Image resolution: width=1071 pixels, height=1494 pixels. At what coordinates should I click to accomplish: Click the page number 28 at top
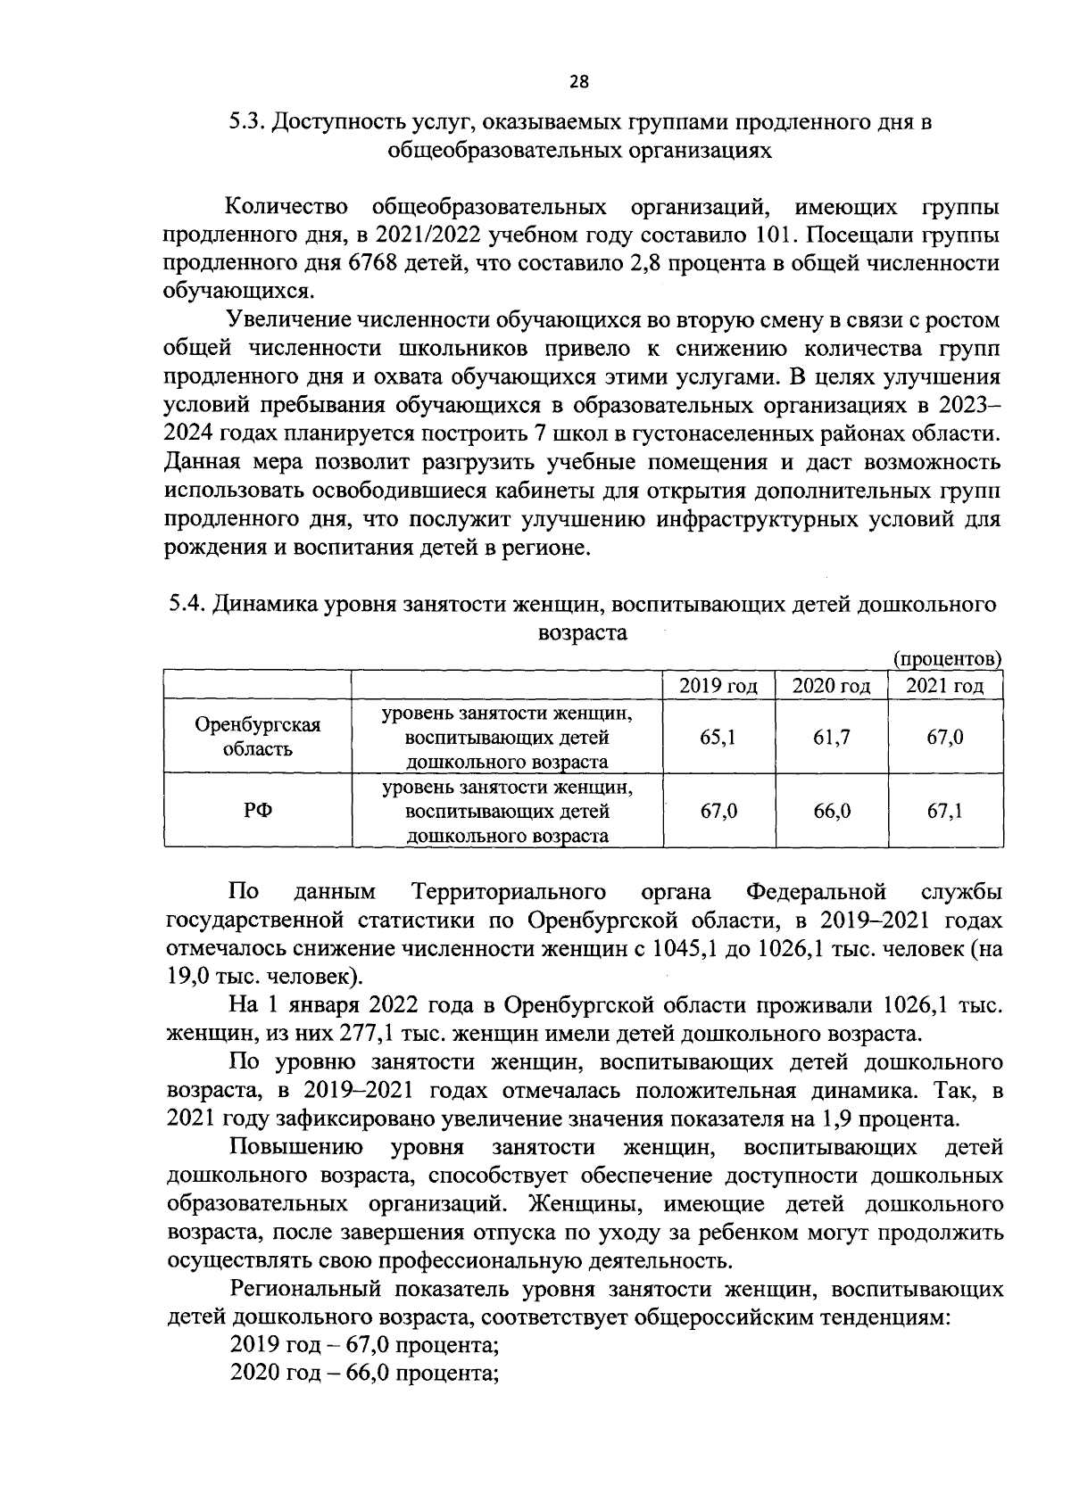coord(579,82)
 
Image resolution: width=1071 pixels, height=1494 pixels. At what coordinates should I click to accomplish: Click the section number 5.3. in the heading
coord(245,122)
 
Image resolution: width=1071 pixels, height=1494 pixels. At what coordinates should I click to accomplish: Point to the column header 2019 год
coord(718,686)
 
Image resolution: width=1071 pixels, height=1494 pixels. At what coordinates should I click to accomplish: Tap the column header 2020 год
coord(831,686)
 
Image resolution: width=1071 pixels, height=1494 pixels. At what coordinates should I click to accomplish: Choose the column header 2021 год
coord(944,686)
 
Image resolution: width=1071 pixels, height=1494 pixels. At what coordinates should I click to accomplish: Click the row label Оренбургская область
coord(257,737)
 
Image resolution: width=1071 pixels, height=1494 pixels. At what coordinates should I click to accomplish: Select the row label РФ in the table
coord(257,812)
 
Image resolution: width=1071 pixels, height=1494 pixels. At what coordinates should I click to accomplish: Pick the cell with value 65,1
coord(718,738)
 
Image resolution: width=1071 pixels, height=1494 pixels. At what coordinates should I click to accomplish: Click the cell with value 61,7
coord(831,738)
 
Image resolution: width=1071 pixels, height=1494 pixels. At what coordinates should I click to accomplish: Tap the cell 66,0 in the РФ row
coord(831,812)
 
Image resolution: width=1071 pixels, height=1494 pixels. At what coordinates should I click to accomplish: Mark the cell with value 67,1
coord(944,812)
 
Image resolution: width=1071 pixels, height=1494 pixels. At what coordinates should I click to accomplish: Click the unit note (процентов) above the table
coord(948,659)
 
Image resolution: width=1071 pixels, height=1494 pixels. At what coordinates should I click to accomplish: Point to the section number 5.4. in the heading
coord(187,605)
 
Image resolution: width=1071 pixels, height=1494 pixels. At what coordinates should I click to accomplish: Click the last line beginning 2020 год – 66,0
coord(363,1372)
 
